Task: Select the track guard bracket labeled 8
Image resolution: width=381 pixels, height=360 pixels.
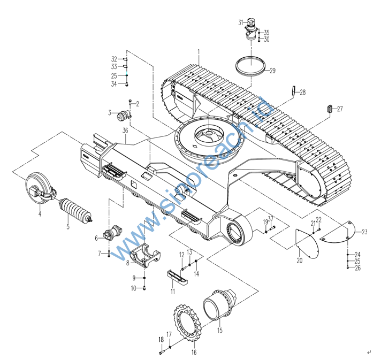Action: (x=145, y=255)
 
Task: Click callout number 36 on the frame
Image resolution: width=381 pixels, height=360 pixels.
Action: (x=125, y=131)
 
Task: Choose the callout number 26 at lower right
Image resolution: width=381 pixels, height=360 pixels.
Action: (x=357, y=268)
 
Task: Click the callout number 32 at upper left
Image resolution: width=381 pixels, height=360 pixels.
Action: (x=114, y=59)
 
